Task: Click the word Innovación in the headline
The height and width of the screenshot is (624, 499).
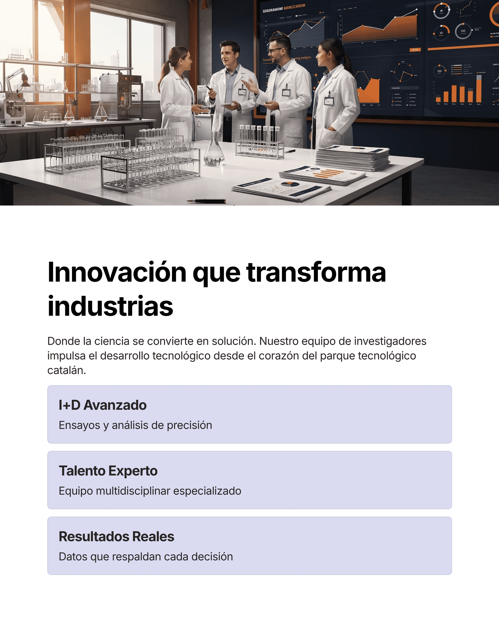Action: pyautogui.click(x=117, y=273)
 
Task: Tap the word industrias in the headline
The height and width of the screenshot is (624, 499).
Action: pyautogui.click(x=110, y=306)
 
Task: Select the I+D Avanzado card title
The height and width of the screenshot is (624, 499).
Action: pyautogui.click(x=102, y=405)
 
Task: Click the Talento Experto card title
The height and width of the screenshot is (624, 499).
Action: pyautogui.click(x=108, y=471)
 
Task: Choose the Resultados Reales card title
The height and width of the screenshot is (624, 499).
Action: pyautogui.click(x=116, y=536)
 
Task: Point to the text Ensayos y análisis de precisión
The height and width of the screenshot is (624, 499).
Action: pyautogui.click(x=135, y=425)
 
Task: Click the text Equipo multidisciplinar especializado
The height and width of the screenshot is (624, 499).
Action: pyautogui.click(x=150, y=491)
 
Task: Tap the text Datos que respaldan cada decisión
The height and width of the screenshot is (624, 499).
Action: pyautogui.click(x=146, y=557)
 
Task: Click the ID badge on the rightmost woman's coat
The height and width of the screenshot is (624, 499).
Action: pyautogui.click(x=329, y=101)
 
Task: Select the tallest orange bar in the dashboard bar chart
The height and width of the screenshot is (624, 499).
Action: pyautogui.click(x=479, y=90)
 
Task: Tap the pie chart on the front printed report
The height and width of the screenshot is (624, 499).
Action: pyautogui.click(x=290, y=184)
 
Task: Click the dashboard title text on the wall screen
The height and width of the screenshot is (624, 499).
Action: pyautogui.click(x=284, y=8)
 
